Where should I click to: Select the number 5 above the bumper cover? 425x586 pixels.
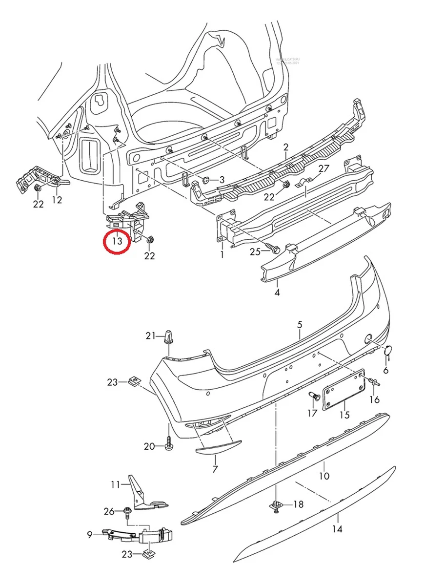[x=300, y=324]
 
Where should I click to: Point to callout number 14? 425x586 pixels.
[x=337, y=529]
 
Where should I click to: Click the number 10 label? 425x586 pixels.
[x=324, y=476]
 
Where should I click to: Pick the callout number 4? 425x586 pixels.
[x=277, y=293]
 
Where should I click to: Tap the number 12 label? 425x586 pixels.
[x=57, y=199]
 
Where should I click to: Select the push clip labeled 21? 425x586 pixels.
[x=168, y=337]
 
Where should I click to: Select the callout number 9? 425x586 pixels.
[x=90, y=535]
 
